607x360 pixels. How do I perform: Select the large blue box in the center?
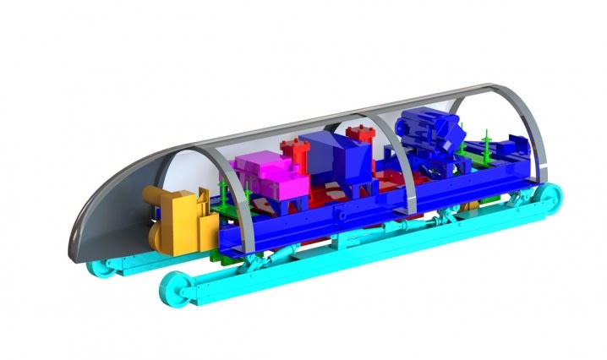[330, 161]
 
